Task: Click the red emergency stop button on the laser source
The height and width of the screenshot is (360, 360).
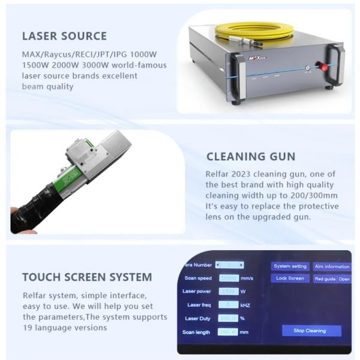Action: [325, 68]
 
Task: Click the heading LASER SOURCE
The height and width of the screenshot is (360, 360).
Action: [64, 36]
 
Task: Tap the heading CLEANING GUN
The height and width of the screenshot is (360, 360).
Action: [251, 157]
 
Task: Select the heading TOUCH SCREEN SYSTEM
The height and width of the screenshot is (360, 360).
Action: [87, 277]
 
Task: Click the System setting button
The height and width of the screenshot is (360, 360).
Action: [290, 266]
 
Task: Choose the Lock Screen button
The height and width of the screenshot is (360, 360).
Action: [290, 278]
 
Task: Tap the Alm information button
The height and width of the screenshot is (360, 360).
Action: [332, 266]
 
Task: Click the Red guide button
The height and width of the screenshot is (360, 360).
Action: [325, 279]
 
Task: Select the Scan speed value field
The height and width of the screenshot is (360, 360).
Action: [229, 278]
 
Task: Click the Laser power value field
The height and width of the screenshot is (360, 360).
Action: [229, 292]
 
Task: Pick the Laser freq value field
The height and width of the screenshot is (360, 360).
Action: [229, 305]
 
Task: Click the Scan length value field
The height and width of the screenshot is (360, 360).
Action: [229, 332]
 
